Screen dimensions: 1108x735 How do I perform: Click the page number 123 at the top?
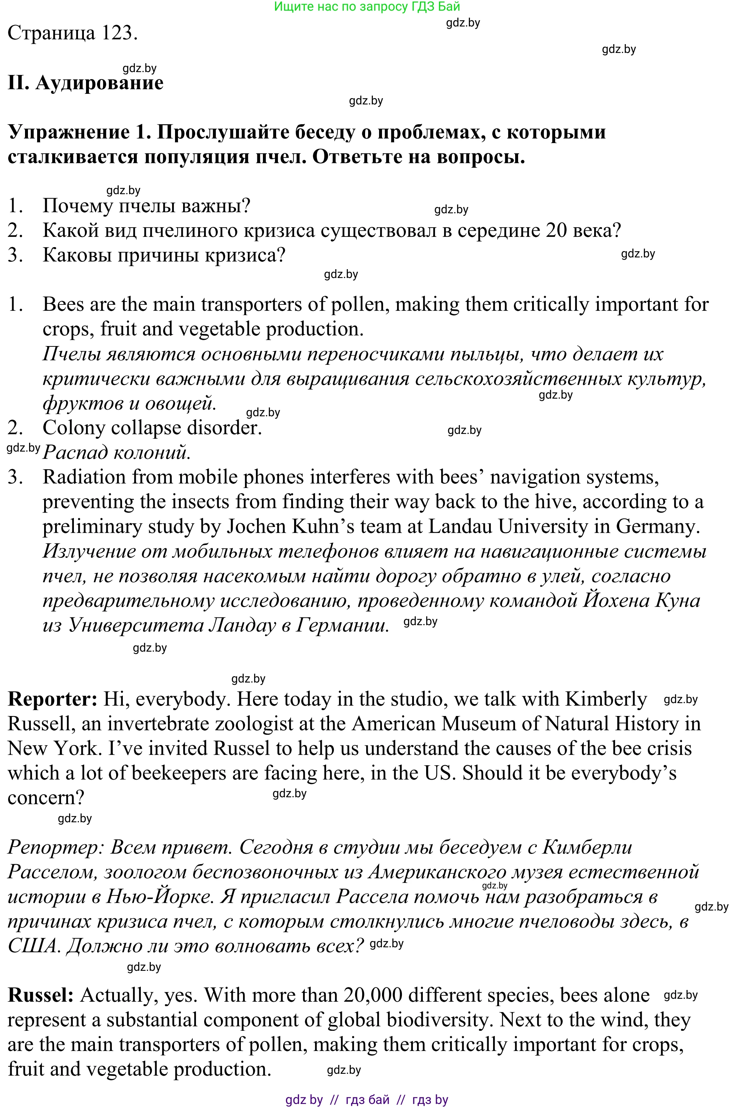pyautogui.click(x=117, y=33)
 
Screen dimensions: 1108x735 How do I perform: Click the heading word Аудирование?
pyautogui.click(x=99, y=83)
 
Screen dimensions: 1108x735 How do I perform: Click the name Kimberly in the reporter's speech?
pyautogui.click(x=606, y=699)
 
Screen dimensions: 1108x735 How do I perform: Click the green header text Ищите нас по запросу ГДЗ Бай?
pyautogui.click(x=367, y=7)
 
